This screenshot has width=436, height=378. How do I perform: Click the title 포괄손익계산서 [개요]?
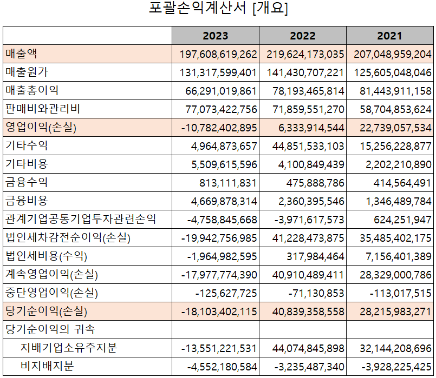click(218, 9)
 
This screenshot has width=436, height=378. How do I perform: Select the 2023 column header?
click(215, 36)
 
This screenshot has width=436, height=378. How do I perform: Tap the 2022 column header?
click(302, 36)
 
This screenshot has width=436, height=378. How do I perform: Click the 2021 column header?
click(389, 36)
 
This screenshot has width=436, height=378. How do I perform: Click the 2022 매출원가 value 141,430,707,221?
click(305, 73)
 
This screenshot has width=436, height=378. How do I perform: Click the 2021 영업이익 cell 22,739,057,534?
click(393, 128)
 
